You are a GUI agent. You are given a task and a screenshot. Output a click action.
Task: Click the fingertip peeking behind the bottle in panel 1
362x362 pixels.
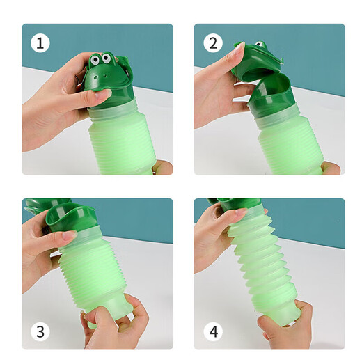[x=164, y=168]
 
